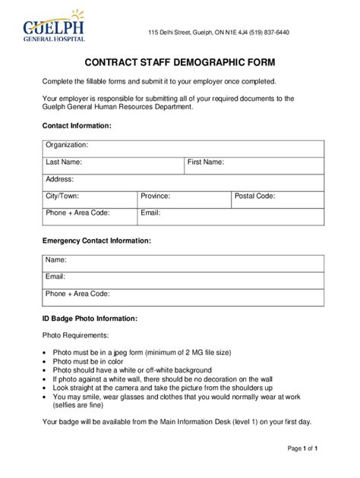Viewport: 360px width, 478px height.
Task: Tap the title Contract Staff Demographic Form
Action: pos(179,63)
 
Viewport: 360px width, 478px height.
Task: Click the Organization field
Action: pos(183,148)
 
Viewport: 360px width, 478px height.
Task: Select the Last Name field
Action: pos(113,165)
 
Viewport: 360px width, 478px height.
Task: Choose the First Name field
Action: pos(254,165)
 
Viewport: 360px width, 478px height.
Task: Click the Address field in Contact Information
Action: pos(183,182)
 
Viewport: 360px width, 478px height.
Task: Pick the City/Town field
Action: pos(90,199)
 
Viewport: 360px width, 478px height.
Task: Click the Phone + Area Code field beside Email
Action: pos(90,216)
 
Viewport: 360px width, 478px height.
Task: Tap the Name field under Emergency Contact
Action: pos(183,263)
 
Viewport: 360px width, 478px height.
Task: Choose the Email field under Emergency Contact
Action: pos(183,279)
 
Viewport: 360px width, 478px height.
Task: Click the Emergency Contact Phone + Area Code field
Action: pos(183,297)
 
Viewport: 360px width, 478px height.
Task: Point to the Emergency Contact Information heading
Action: pos(96,241)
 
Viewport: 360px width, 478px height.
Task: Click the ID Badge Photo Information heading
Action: pos(90,319)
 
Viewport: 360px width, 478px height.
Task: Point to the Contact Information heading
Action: pos(77,125)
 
